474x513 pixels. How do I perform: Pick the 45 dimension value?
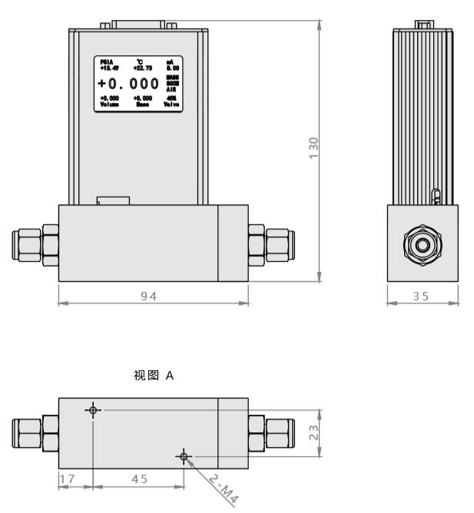139,478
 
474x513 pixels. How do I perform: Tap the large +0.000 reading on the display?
130,83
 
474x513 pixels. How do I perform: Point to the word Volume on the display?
109,104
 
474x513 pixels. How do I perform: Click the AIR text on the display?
170,90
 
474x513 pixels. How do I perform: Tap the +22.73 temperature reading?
140,67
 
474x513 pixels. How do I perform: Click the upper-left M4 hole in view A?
93,410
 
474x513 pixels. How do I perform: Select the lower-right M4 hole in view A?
183,457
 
